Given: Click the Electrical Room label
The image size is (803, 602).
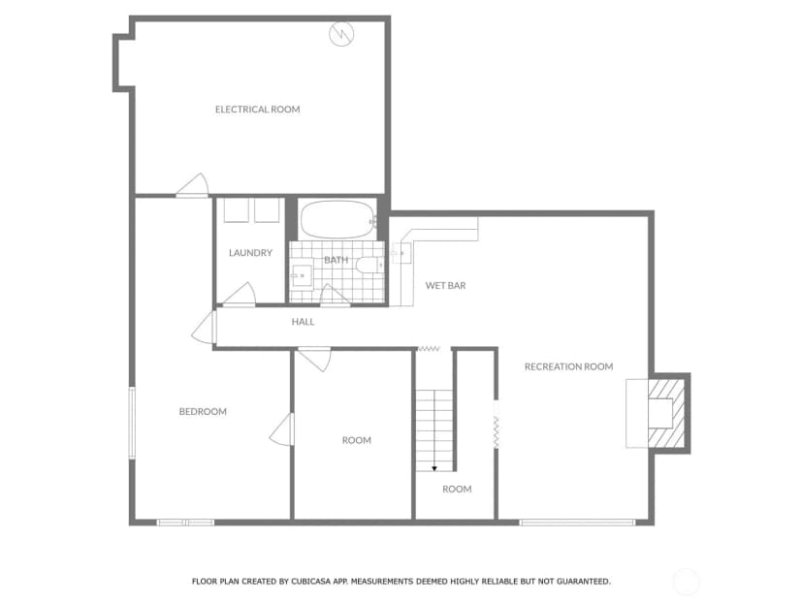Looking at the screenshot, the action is tap(258, 110).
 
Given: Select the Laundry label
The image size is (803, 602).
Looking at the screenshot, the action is tap(250, 253).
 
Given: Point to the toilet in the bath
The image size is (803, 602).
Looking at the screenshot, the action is tap(369, 265).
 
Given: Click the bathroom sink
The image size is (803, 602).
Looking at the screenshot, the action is tap(302, 276).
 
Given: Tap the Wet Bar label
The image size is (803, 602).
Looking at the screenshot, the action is tap(445, 286).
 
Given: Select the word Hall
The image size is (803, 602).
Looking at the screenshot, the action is tap(304, 322).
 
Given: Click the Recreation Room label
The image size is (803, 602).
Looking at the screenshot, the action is tap(569, 366).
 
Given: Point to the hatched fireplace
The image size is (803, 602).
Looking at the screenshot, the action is tap(666, 413).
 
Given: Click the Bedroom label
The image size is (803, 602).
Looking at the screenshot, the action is tap(203, 412).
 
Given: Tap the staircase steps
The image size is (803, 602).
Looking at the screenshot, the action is tap(434, 430).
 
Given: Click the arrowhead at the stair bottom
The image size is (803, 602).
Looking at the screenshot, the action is tap(434, 468).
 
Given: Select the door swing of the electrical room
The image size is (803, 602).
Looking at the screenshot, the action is tap(194, 185).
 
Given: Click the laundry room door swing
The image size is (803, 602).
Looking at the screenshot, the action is tap(240, 295).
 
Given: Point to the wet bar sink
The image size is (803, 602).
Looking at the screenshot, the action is tap(401, 253).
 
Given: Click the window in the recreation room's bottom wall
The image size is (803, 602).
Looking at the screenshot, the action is tap(577, 523).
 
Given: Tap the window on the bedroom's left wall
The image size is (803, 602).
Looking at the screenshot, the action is tap(132, 423).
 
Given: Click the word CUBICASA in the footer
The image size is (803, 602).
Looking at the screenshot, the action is tap(312, 582).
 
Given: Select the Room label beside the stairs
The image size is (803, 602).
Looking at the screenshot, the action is tap(457, 490).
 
